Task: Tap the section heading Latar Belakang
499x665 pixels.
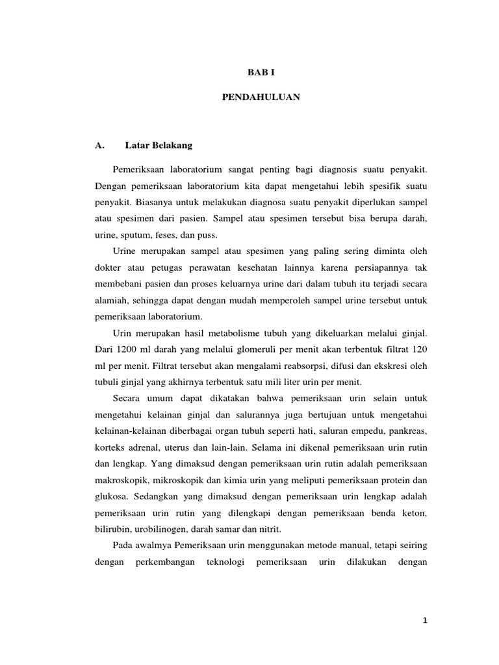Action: (159, 145)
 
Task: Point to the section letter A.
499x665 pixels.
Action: (99, 145)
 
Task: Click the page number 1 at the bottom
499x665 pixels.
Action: (423, 620)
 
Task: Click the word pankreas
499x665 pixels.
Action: (405, 431)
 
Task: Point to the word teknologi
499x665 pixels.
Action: (224, 562)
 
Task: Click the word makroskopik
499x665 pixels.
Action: (121, 481)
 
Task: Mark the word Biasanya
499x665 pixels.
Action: (152, 201)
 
